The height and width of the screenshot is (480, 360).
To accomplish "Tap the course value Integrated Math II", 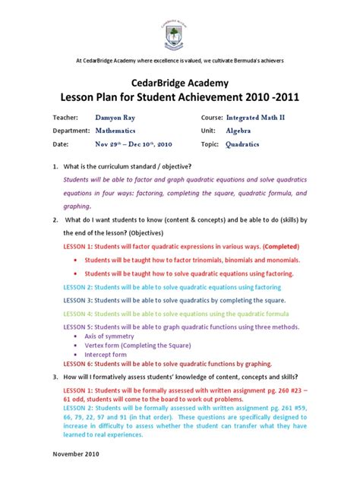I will [257, 118].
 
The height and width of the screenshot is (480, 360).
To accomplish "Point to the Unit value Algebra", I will [240, 131].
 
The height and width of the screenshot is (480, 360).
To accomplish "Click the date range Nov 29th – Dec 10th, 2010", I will [134, 144].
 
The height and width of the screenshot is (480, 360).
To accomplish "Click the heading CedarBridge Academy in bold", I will [179, 83].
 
